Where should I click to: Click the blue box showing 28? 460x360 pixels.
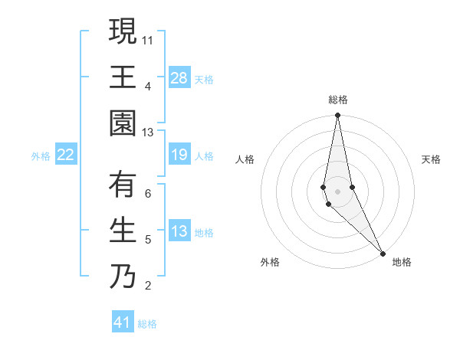pos(179,78)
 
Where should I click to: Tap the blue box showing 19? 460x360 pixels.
pos(179,155)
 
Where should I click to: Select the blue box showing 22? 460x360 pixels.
pos(66,155)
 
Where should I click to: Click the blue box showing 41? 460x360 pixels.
pos(123,322)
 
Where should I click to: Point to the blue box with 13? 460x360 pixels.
pos(179,232)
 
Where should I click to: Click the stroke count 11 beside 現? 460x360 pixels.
pos(148,39)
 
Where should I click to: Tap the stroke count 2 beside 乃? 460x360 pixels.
pos(148,286)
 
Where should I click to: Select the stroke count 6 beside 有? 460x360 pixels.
pos(148,193)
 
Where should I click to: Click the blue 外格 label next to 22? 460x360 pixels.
pos(41,156)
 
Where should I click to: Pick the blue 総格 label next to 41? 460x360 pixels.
pos(147,324)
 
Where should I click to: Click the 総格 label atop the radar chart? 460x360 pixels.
pos(337,100)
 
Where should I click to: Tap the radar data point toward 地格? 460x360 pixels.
pos(383,253)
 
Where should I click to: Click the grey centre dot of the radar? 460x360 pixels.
pos(337,190)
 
